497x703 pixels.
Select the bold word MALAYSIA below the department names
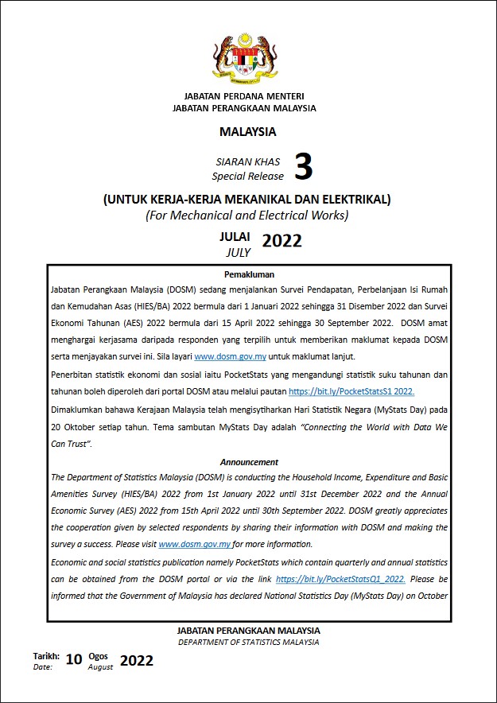[248, 132]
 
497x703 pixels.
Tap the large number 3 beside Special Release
[303, 168]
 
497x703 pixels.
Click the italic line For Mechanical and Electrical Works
[247, 215]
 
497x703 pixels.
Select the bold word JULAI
[235, 237]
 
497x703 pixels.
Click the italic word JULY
[237, 252]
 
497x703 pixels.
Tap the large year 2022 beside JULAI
[282, 241]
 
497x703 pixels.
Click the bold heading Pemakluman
[248, 274]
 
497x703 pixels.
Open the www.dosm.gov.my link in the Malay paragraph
[231, 356]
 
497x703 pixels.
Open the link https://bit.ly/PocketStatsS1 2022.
[351, 392]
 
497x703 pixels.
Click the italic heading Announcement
[249, 462]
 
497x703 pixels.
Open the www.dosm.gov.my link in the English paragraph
[196, 545]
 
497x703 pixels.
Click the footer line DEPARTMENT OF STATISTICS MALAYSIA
[248, 642]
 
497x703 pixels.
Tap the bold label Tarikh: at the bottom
[46, 656]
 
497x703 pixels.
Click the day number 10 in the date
[74, 660]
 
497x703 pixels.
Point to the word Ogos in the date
[99, 656]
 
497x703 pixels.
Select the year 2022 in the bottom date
[137, 661]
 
